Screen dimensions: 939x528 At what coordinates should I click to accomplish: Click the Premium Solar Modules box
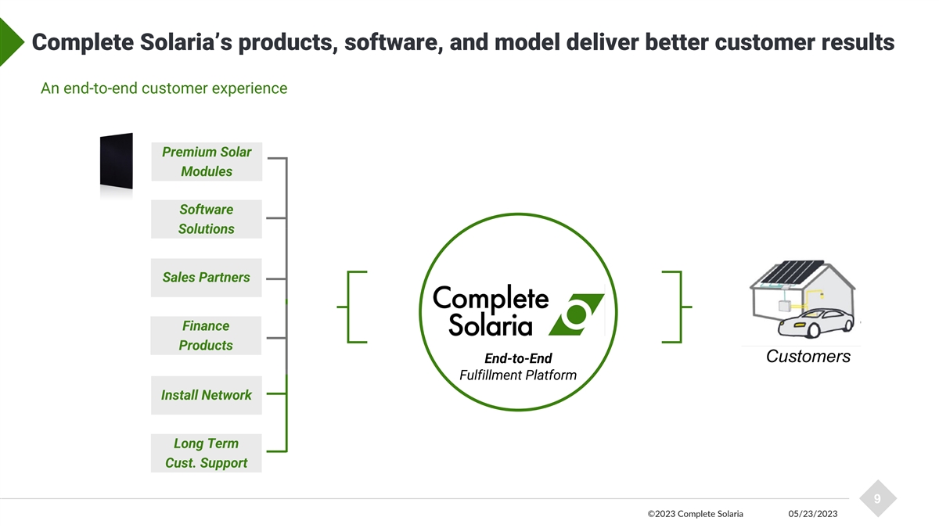pyautogui.click(x=207, y=162)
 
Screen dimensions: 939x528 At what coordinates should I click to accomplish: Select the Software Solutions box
pyautogui.click(x=207, y=219)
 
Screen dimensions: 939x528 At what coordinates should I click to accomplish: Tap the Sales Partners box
pyautogui.click(x=207, y=278)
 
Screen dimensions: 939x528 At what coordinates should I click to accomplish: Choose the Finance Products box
pyautogui.click(x=206, y=336)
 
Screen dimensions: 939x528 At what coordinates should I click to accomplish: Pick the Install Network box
pyautogui.click(x=207, y=395)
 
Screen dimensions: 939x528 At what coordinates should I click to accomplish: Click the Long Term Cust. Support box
pyautogui.click(x=207, y=453)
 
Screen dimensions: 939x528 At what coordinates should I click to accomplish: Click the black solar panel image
pyautogui.click(x=117, y=161)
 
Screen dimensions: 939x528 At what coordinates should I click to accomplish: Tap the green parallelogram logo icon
pyautogui.click(x=577, y=314)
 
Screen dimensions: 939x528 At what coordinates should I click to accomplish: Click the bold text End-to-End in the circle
pyautogui.click(x=518, y=358)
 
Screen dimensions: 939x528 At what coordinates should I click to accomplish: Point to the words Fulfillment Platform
pyautogui.click(x=518, y=375)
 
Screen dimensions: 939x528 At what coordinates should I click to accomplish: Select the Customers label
pyautogui.click(x=808, y=357)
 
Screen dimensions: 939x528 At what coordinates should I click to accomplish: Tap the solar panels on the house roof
pyautogui.click(x=792, y=271)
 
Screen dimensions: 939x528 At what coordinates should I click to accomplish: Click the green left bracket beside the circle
pyautogui.click(x=352, y=307)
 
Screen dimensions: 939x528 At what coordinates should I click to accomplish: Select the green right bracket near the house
pyautogui.click(x=677, y=307)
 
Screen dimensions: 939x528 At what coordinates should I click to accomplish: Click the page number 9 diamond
pyautogui.click(x=878, y=499)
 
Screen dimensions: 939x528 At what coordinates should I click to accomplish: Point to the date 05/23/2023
pyautogui.click(x=813, y=514)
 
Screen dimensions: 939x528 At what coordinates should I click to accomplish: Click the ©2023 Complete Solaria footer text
pyautogui.click(x=696, y=514)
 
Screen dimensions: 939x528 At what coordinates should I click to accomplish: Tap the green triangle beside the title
pyautogui.click(x=12, y=42)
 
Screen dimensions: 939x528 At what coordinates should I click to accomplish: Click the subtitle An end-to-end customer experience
pyautogui.click(x=164, y=88)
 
